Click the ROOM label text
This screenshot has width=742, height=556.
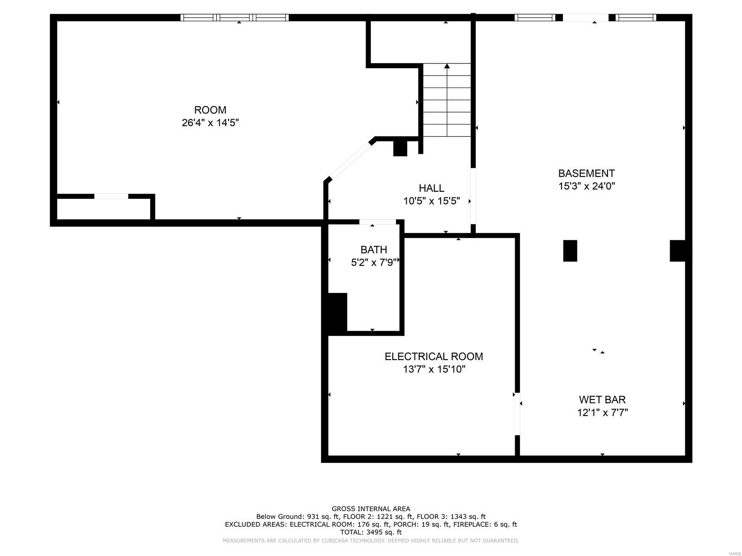coord(210,110)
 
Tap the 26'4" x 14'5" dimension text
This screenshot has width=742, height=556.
coord(210,123)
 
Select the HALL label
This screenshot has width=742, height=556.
coord(431,188)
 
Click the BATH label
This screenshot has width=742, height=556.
coord(373,250)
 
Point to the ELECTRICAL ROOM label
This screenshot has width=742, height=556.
coord(434,356)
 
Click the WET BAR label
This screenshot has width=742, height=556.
coord(602,399)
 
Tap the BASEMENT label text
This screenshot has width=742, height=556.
coord(586,173)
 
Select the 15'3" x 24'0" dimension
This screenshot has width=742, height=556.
coord(586,186)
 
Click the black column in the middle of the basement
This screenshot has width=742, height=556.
coord(570,251)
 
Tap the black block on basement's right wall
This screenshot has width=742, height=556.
coord(678,250)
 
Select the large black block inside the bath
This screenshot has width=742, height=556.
coord(337,313)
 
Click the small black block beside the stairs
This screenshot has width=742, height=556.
coord(400,148)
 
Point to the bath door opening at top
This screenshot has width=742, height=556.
coord(377,222)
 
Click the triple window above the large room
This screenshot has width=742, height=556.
coord(234,18)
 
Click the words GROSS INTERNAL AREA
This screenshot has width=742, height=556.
coord(371,509)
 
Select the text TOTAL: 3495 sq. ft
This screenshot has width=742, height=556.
coord(371,532)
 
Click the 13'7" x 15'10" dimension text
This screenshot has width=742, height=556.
coord(434,369)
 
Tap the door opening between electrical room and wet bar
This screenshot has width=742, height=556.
coord(518,414)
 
